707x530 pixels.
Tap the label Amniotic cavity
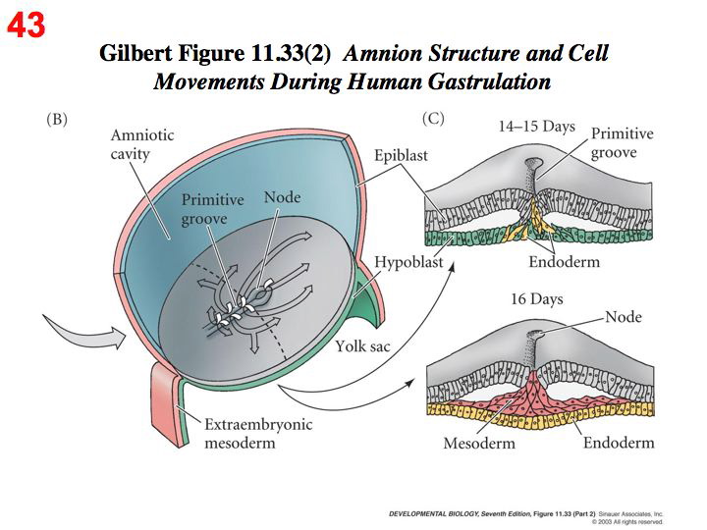[141, 144]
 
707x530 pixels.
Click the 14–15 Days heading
[536, 127]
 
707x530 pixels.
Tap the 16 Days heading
[535, 298]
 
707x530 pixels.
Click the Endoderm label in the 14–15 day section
[564, 262]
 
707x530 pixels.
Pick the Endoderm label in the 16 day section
[619, 443]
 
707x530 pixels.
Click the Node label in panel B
[283, 198]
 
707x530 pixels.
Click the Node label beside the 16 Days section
[623, 317]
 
